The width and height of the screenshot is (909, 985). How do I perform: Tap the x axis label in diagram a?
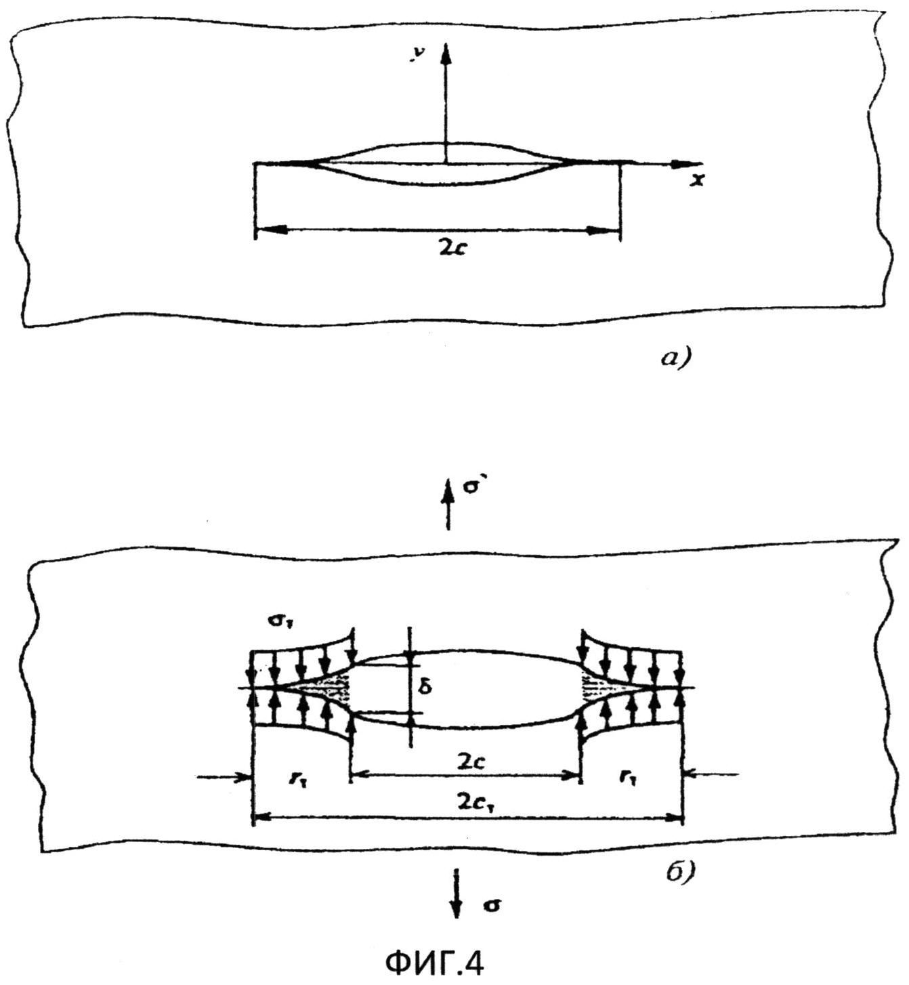[698, 180]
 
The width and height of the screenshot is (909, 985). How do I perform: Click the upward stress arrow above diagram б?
[446, 501]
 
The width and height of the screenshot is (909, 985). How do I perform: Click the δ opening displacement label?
[426, 687]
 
